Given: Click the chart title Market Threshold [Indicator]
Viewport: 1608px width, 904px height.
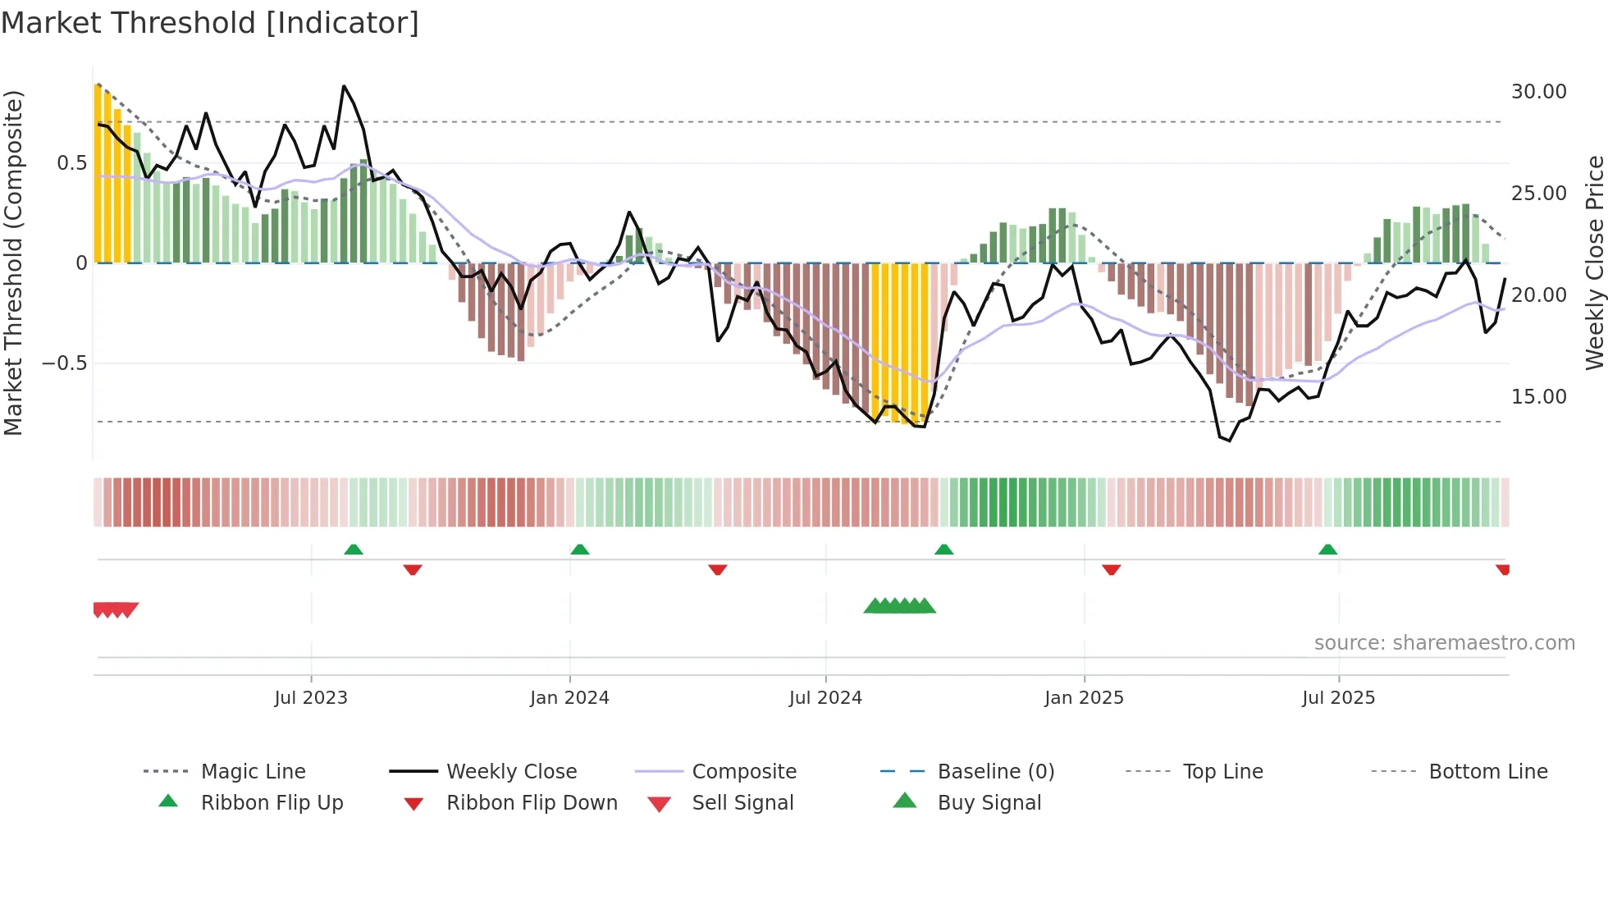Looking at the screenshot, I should click(210, 23).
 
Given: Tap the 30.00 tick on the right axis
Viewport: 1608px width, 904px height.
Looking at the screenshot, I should click(1538, 92).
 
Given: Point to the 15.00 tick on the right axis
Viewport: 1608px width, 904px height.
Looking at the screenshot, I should click(1538, 397).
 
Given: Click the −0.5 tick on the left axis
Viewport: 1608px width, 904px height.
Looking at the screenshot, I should click(65, 363).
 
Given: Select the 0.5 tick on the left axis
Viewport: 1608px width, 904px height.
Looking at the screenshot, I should click(72, 163).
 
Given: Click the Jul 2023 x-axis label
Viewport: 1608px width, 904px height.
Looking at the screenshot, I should click(311, 698).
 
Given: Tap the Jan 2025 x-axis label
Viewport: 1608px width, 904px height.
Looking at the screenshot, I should click(1084, 698).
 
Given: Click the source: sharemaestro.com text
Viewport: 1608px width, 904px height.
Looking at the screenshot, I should click(1444, 643).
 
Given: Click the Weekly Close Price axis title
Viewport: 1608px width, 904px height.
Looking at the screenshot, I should click(1594, 263).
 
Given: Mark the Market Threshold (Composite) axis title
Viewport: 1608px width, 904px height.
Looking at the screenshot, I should click(13, 263).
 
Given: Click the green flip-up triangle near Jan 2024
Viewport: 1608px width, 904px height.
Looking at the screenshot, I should click(580, 550).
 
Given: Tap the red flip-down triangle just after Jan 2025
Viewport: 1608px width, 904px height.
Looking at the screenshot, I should click(1112, 569).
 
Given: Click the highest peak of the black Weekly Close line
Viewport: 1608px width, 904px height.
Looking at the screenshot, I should click(344, 86).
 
